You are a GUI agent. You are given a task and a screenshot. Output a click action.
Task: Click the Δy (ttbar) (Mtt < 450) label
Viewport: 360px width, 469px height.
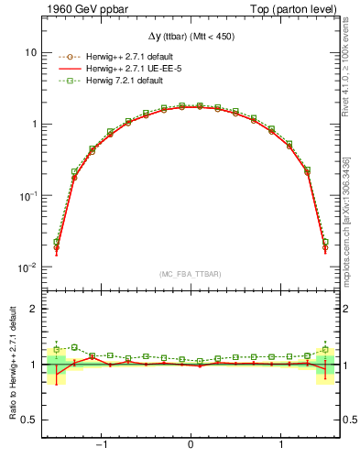pyautogui.click(x=190, y=36)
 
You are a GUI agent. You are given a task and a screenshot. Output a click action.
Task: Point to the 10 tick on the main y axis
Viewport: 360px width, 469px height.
pyautogui.click(x=30, y=52)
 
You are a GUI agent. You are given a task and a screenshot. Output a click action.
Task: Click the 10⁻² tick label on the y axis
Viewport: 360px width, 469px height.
pyautogui.click(x=27, y=267)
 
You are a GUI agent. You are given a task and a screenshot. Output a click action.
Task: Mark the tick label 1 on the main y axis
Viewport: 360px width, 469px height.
pyautogui.click(x=33, y=124)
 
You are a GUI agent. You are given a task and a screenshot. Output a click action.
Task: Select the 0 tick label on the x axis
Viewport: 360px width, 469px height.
pyautogui.click(x=190, y=446)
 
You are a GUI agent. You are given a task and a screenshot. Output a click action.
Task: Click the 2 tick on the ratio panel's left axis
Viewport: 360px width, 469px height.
pyautogui.click(x=33, y=309)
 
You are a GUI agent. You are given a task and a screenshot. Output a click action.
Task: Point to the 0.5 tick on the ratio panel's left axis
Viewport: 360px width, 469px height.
pyautogui.click(x=28, y=420)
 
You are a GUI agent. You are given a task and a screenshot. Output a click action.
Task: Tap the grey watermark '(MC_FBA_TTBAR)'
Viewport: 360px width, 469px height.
pyautogui.click(x=190, y=275)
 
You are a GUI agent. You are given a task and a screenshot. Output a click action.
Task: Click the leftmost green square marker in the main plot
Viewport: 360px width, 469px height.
pyautogui.click(x=56, y=242)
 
